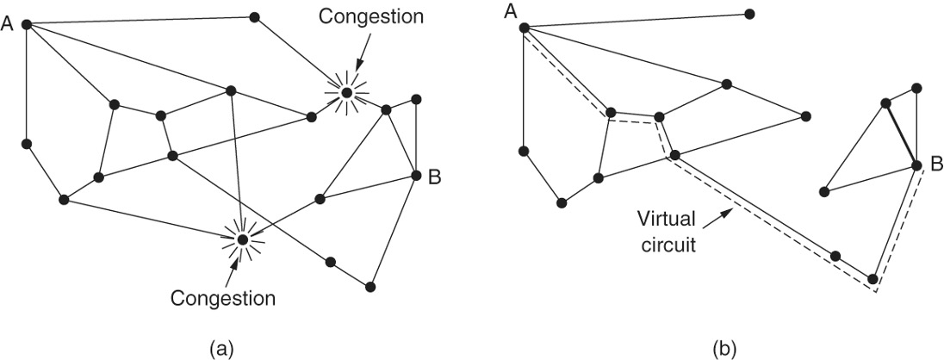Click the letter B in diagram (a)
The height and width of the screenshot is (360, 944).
434,177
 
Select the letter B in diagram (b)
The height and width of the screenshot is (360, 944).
935,163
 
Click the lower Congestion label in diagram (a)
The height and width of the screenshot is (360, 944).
222,299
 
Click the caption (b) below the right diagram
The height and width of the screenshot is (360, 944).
724,348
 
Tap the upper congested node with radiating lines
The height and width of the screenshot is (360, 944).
346,92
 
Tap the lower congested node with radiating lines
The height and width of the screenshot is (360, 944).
243,239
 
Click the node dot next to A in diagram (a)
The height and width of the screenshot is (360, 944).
28,23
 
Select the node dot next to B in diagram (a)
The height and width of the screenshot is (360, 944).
416,175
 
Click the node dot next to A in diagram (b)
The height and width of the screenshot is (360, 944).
524,28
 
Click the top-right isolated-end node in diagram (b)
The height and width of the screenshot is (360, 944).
749,14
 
